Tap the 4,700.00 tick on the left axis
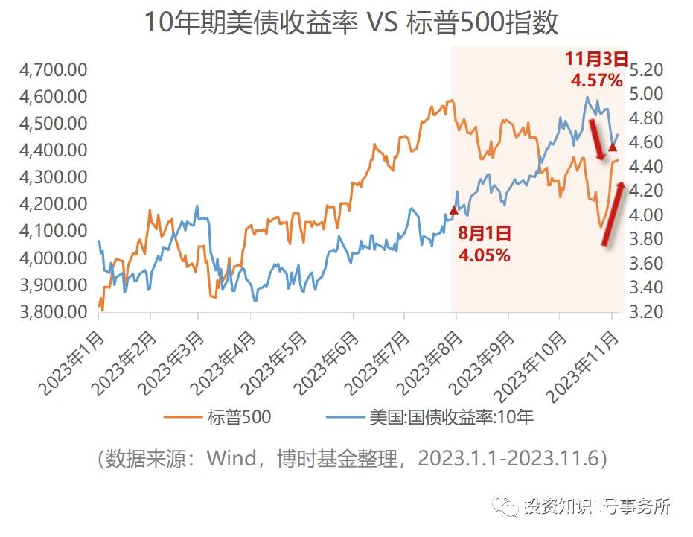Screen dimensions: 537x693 54,71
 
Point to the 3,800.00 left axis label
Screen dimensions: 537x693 54,312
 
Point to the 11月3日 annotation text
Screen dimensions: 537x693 597,59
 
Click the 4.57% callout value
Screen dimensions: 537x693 597,80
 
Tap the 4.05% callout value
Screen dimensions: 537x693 485,255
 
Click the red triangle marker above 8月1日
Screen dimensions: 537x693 454,210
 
